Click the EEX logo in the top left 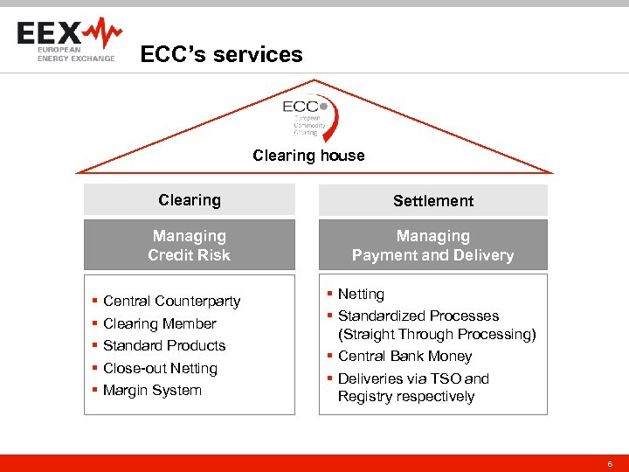pyautogui.click(x=68, y=40)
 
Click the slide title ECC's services pyautogui.click(x=221, y=54)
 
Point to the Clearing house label pyautogui.click(x=308, y=156)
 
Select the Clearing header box pyautogui.click(x=190, y=200)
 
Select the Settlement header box pyautogui.click(x=432, y=201)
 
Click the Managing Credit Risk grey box pyautogui.click(x=190, y=246)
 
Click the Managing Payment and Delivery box pyautogui.click(x=432, y=246)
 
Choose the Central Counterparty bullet pyautogui.click(x=171, y=301)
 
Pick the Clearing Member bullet pyautogui.click(x=159, y=323)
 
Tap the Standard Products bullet pyautogui.click(x=164, y=345)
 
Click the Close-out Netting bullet pyautogui.click(x=160, y=368)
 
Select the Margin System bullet pyautogui.click(x=152, y=390)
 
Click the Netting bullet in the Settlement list pyautogui.click(x=361, y=295)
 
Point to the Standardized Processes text pyautogui.click(x=418, y=316)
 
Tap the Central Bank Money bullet pyautogui.click(x=404, y=356)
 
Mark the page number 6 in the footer pyautogui.click(x=610, y=462)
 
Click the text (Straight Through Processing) pyautogui.click(x=437, y=334)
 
